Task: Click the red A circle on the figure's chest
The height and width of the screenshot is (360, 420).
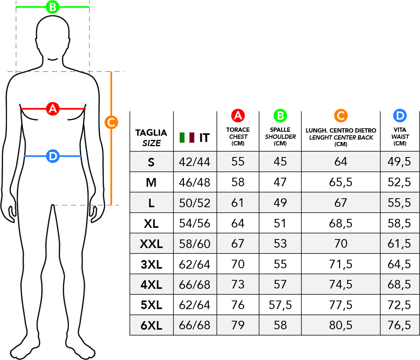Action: [x=52, y=108]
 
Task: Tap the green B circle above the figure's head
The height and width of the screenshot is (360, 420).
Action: [x=52, y=7]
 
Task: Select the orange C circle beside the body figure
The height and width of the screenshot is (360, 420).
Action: [x=111, y=122]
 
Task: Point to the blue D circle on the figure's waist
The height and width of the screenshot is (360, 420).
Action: [x=52, y=156]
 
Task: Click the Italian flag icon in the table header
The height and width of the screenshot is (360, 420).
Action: [x=187, y=137]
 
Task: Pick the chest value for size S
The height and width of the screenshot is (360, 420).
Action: [x=238, y=162]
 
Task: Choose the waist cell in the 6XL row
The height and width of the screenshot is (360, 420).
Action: [x=399, y=325]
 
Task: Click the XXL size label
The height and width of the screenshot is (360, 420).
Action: [x=151, y=244]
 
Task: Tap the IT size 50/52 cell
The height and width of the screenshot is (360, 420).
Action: [x=194, y=203]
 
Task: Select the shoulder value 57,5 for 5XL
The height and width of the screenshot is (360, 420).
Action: [x=280, y=305]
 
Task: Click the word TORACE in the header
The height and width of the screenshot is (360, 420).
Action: [x=238, y=129]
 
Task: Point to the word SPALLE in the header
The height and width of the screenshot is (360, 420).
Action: [x=280, y=129]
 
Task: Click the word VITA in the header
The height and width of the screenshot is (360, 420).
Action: [x=400, y=129]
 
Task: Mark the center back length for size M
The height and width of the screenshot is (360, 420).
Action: [x=341, y=182]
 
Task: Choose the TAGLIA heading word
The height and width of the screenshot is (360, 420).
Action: [x=151, y=133]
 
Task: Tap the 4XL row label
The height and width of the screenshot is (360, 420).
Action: [x=151, y=285]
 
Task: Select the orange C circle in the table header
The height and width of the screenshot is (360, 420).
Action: [x=341, y=115]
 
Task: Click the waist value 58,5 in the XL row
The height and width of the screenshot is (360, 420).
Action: [x=399, y=223]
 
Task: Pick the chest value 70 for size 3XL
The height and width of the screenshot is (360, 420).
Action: [x=238, y=264]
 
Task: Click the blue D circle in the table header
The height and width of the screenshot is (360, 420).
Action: [x=400, y=115]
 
